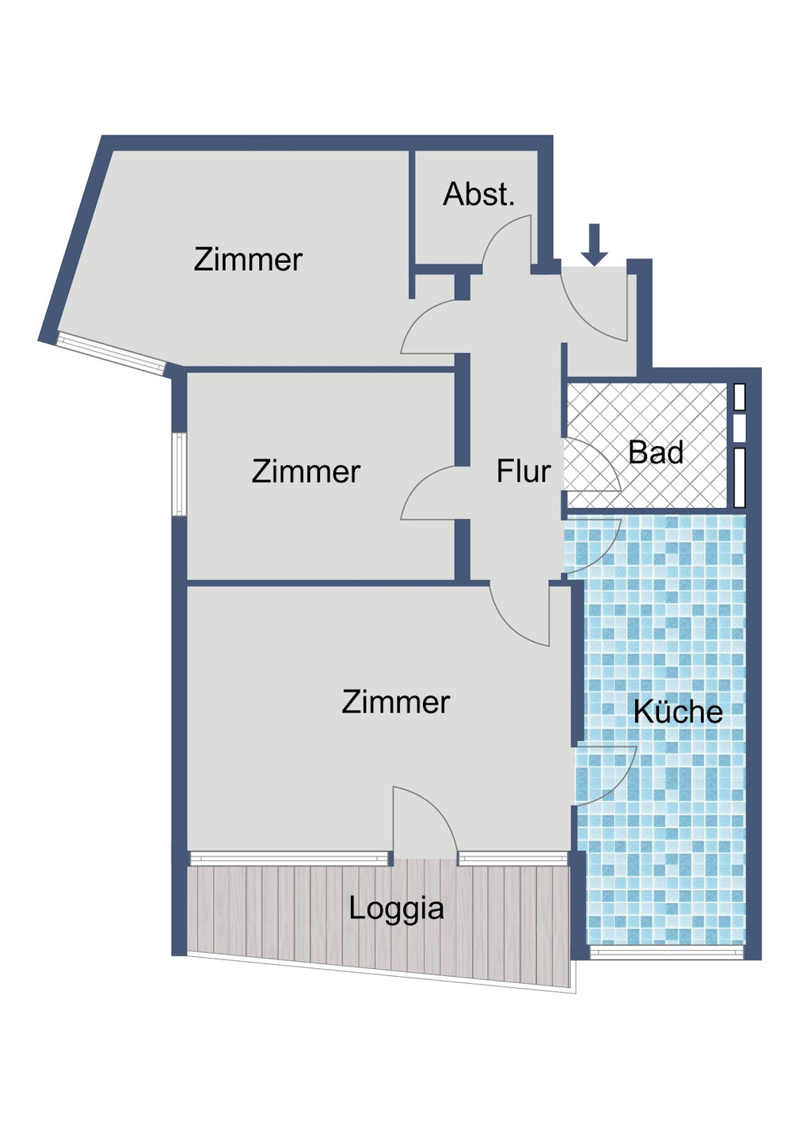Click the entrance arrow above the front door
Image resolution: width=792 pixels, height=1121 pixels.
click(594, 244)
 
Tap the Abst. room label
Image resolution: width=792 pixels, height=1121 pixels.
click(478, 194)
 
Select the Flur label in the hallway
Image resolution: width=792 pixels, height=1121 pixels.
click(523, 471)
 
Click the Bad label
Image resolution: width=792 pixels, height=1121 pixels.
click(656, 452)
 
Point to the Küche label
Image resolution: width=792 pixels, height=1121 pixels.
click(678, 711)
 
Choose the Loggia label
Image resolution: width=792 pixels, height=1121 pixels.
click(396, 908)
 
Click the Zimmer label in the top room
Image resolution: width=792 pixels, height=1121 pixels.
click(248, 259)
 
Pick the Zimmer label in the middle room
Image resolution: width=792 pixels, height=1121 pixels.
click(306, 471)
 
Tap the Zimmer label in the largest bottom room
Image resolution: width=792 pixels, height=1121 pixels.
click(396, 702)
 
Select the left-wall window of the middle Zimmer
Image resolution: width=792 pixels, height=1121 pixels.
click(180, 474)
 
